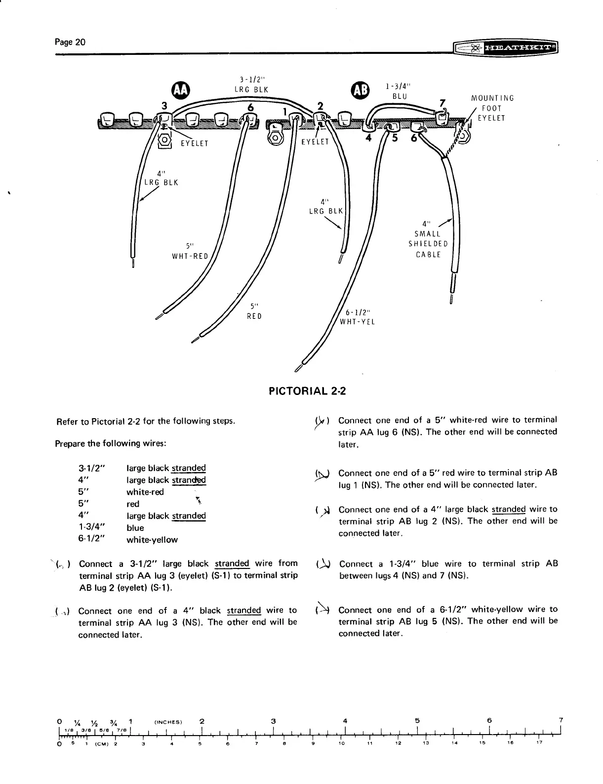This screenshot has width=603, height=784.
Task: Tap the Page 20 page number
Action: pyautogui.click(x=70, y=42)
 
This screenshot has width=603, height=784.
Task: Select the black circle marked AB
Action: pyautogui.click(x=358, y=89)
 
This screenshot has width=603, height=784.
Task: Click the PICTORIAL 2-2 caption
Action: pyautogui.click(x=307, y=391)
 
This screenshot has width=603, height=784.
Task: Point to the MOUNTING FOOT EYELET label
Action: pyautogui.click(x=492, y=108)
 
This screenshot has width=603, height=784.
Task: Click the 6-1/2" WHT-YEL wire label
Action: pyautogui.click(x=358, y=316)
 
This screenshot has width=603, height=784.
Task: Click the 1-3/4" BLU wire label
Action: pyautogui.click(x=399, y=91)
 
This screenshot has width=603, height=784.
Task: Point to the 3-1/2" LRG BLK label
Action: pyautogui.click(x=251, y=85)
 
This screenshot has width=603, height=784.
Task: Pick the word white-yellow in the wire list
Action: pyautogui.click(x=152, y=540)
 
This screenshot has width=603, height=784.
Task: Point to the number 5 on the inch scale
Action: pyautogui.click(x=418, y=720)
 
